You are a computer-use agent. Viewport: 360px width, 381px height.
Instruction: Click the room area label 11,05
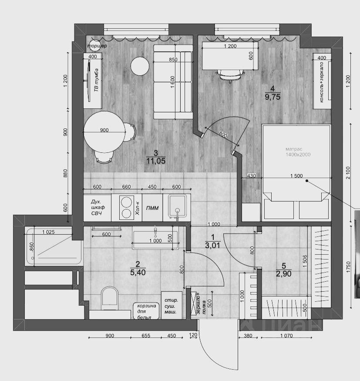(x=156, y=161)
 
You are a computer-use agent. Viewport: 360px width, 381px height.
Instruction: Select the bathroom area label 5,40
(x=137, y=273)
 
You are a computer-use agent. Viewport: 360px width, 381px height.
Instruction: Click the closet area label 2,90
(x=283, y=273)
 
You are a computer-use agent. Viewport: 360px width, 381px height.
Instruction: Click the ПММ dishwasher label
(x=152, y=208)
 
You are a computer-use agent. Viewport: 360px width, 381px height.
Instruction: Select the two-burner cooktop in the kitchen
(x=126, y=207)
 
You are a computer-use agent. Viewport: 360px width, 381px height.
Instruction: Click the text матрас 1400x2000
(x=298, y=152)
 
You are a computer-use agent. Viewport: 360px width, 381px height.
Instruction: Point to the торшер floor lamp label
(x=97, y=46)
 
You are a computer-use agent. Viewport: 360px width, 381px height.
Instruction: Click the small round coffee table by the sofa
(x=141, y=67)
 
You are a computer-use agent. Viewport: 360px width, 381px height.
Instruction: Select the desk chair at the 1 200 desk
(x=229, y=75)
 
